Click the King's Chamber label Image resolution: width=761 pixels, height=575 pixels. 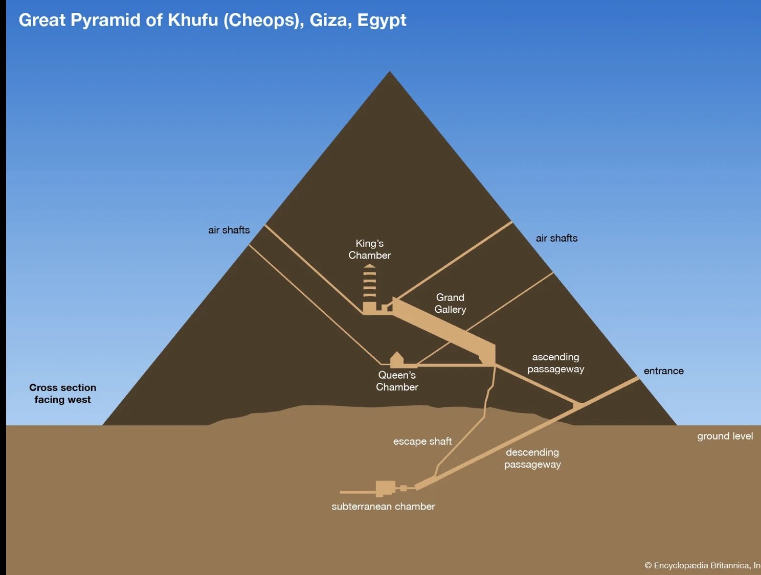pyautogui.click(x=370, y=249)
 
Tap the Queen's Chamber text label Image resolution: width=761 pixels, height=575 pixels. pyautogui.click(x=397, y=381)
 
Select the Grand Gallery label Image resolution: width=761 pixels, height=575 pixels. pyautogui.click(x=450, y=304)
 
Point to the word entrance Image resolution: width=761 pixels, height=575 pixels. pyautogui.click(x=664, y=371)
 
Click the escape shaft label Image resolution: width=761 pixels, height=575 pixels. pyautogui.click(x=422, y=441)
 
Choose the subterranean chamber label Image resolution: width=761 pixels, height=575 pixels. pyautogui.click(x=383, y=507)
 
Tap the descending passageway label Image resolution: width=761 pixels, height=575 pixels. pyautogui.click(x=532, y=458)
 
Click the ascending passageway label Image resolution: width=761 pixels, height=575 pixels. pyautogui.click(x=556, y=363)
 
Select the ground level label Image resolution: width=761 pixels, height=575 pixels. pyautogui.click(x=725, y=436)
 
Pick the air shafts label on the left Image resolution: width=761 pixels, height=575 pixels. pyautogui.click(x=229, y=230)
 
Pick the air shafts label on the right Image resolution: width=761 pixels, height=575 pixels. pyautogui.click(x=556, y=238)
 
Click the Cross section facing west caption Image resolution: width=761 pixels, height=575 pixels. pyautogui.click(x=63, y=394)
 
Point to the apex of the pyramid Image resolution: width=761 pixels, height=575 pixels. pyautogui.click(x=390, y=72)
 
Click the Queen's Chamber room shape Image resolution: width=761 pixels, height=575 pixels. pyautogui.click(x=397, y=360)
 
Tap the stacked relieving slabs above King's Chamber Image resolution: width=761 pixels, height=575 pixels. pyautogui.click(x=370, y=282)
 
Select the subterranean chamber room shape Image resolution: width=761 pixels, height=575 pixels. pyautogui.click(x=385, y=489)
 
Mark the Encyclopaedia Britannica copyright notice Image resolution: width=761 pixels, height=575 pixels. pyautogui.click(x=702, y=565)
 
